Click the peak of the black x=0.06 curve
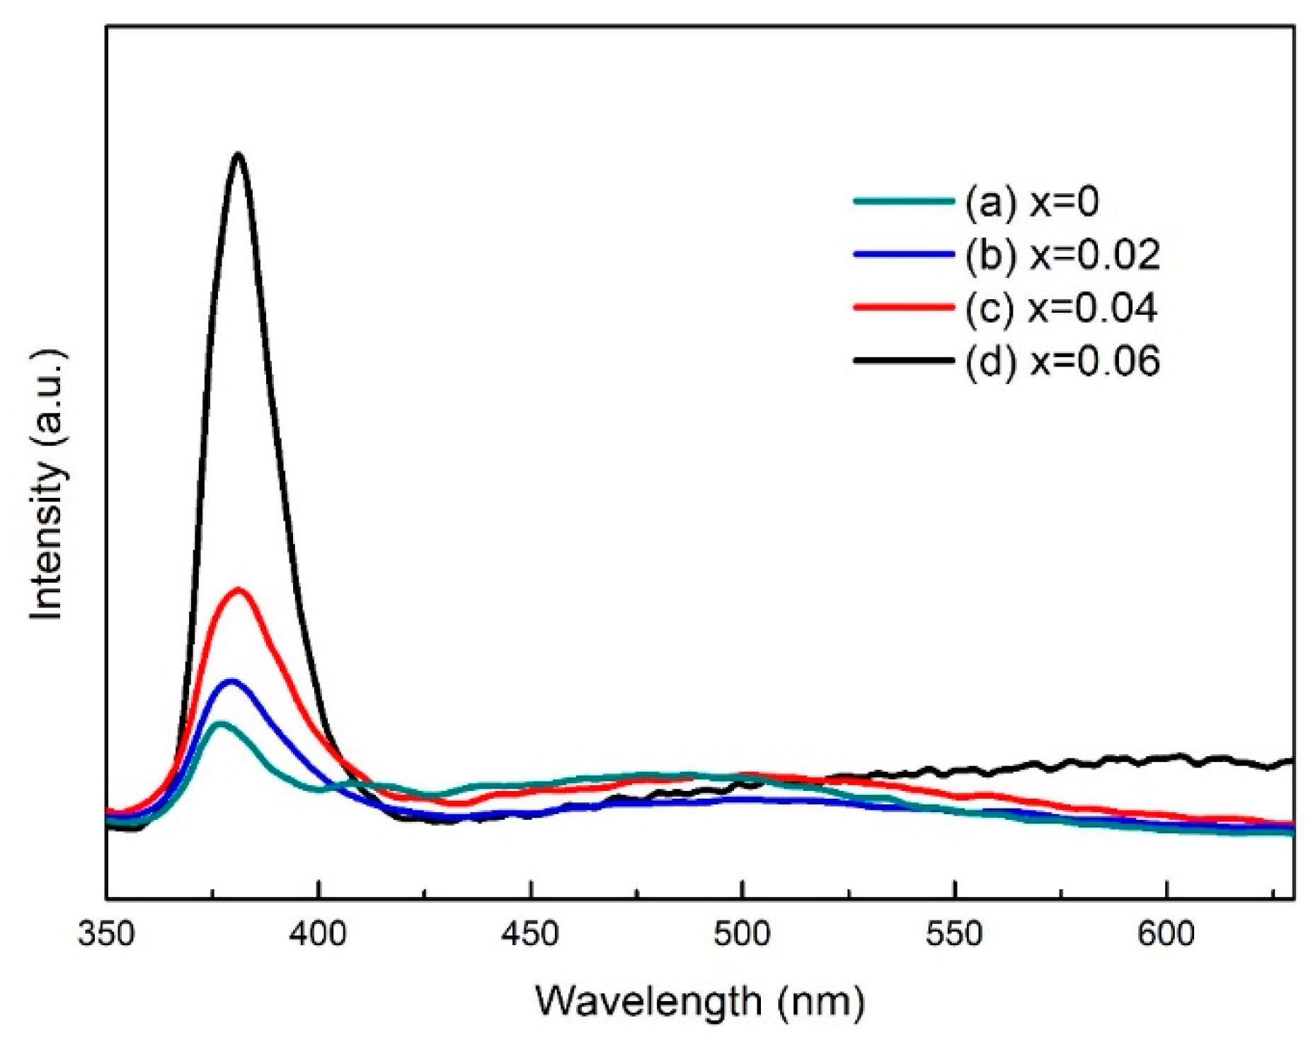[x=239, y=154]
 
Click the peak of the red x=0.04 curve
[x=239, y=589]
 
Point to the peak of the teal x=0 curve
[x=221, y=723]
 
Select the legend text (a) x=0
[x=1031, y=202]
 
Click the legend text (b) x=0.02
[x=1062, y=255]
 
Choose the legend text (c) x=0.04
[x=1060, y=308]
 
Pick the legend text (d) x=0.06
[x=1062, y=361]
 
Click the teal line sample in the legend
[x=904, y=202]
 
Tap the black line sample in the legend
[x=904, y=361]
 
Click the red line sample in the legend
[x=904, y=307]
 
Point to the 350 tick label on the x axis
[x=106, y=934]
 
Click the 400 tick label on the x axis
[x=319, y=934]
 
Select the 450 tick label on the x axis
[x=530, y=934]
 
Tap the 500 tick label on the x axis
[x=742, y=934]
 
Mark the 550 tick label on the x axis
[x=954, y=934]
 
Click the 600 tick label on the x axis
[x=1166, y=934]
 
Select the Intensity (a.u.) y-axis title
[x=48, y=485]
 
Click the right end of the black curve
[x=1292, y=761]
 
